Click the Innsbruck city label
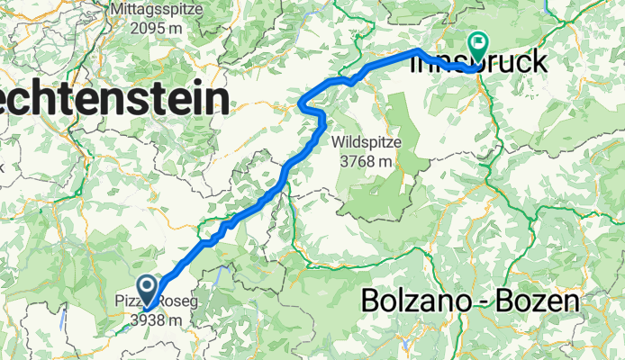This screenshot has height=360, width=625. click(x=494, y=64)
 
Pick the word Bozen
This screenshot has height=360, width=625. click(x=544, y=301)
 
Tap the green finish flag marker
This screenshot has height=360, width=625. click(x=476, y=43)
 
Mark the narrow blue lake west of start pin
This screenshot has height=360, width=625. click(x=63, y=316)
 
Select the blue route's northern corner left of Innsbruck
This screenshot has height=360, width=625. click(x=418, y=51)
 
